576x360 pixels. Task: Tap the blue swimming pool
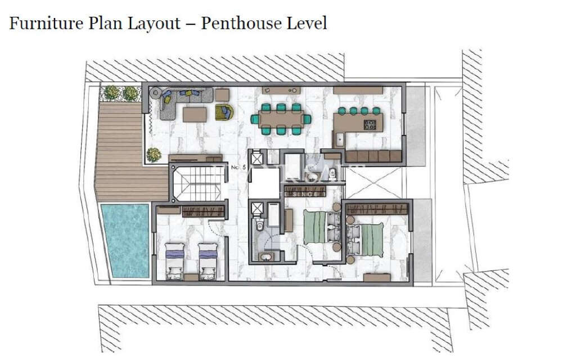(124, 240)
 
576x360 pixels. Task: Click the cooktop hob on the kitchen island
(371, 124)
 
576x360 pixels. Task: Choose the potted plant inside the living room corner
(153, 154)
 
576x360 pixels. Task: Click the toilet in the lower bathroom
(259, 226)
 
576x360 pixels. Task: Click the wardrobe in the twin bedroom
(204, 211)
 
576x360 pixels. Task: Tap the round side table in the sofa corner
(155, 92)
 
